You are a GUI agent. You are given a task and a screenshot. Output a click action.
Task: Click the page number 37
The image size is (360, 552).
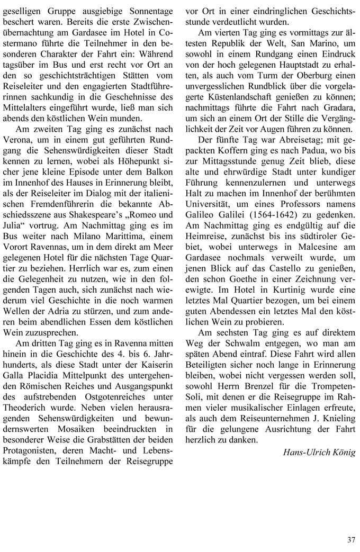(351, 539)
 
